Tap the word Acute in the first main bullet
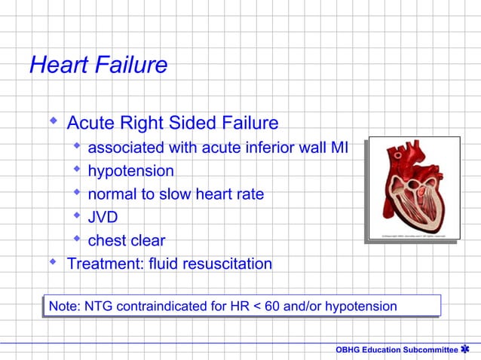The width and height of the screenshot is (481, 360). (x=90, y=122)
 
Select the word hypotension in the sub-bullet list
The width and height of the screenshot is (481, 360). (x=131, y=171)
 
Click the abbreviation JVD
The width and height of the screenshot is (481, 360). (x=103, y=218)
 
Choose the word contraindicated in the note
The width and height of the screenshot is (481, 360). (x=164, y=306)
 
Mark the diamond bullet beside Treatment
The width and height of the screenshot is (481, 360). (x=53, y=262)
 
